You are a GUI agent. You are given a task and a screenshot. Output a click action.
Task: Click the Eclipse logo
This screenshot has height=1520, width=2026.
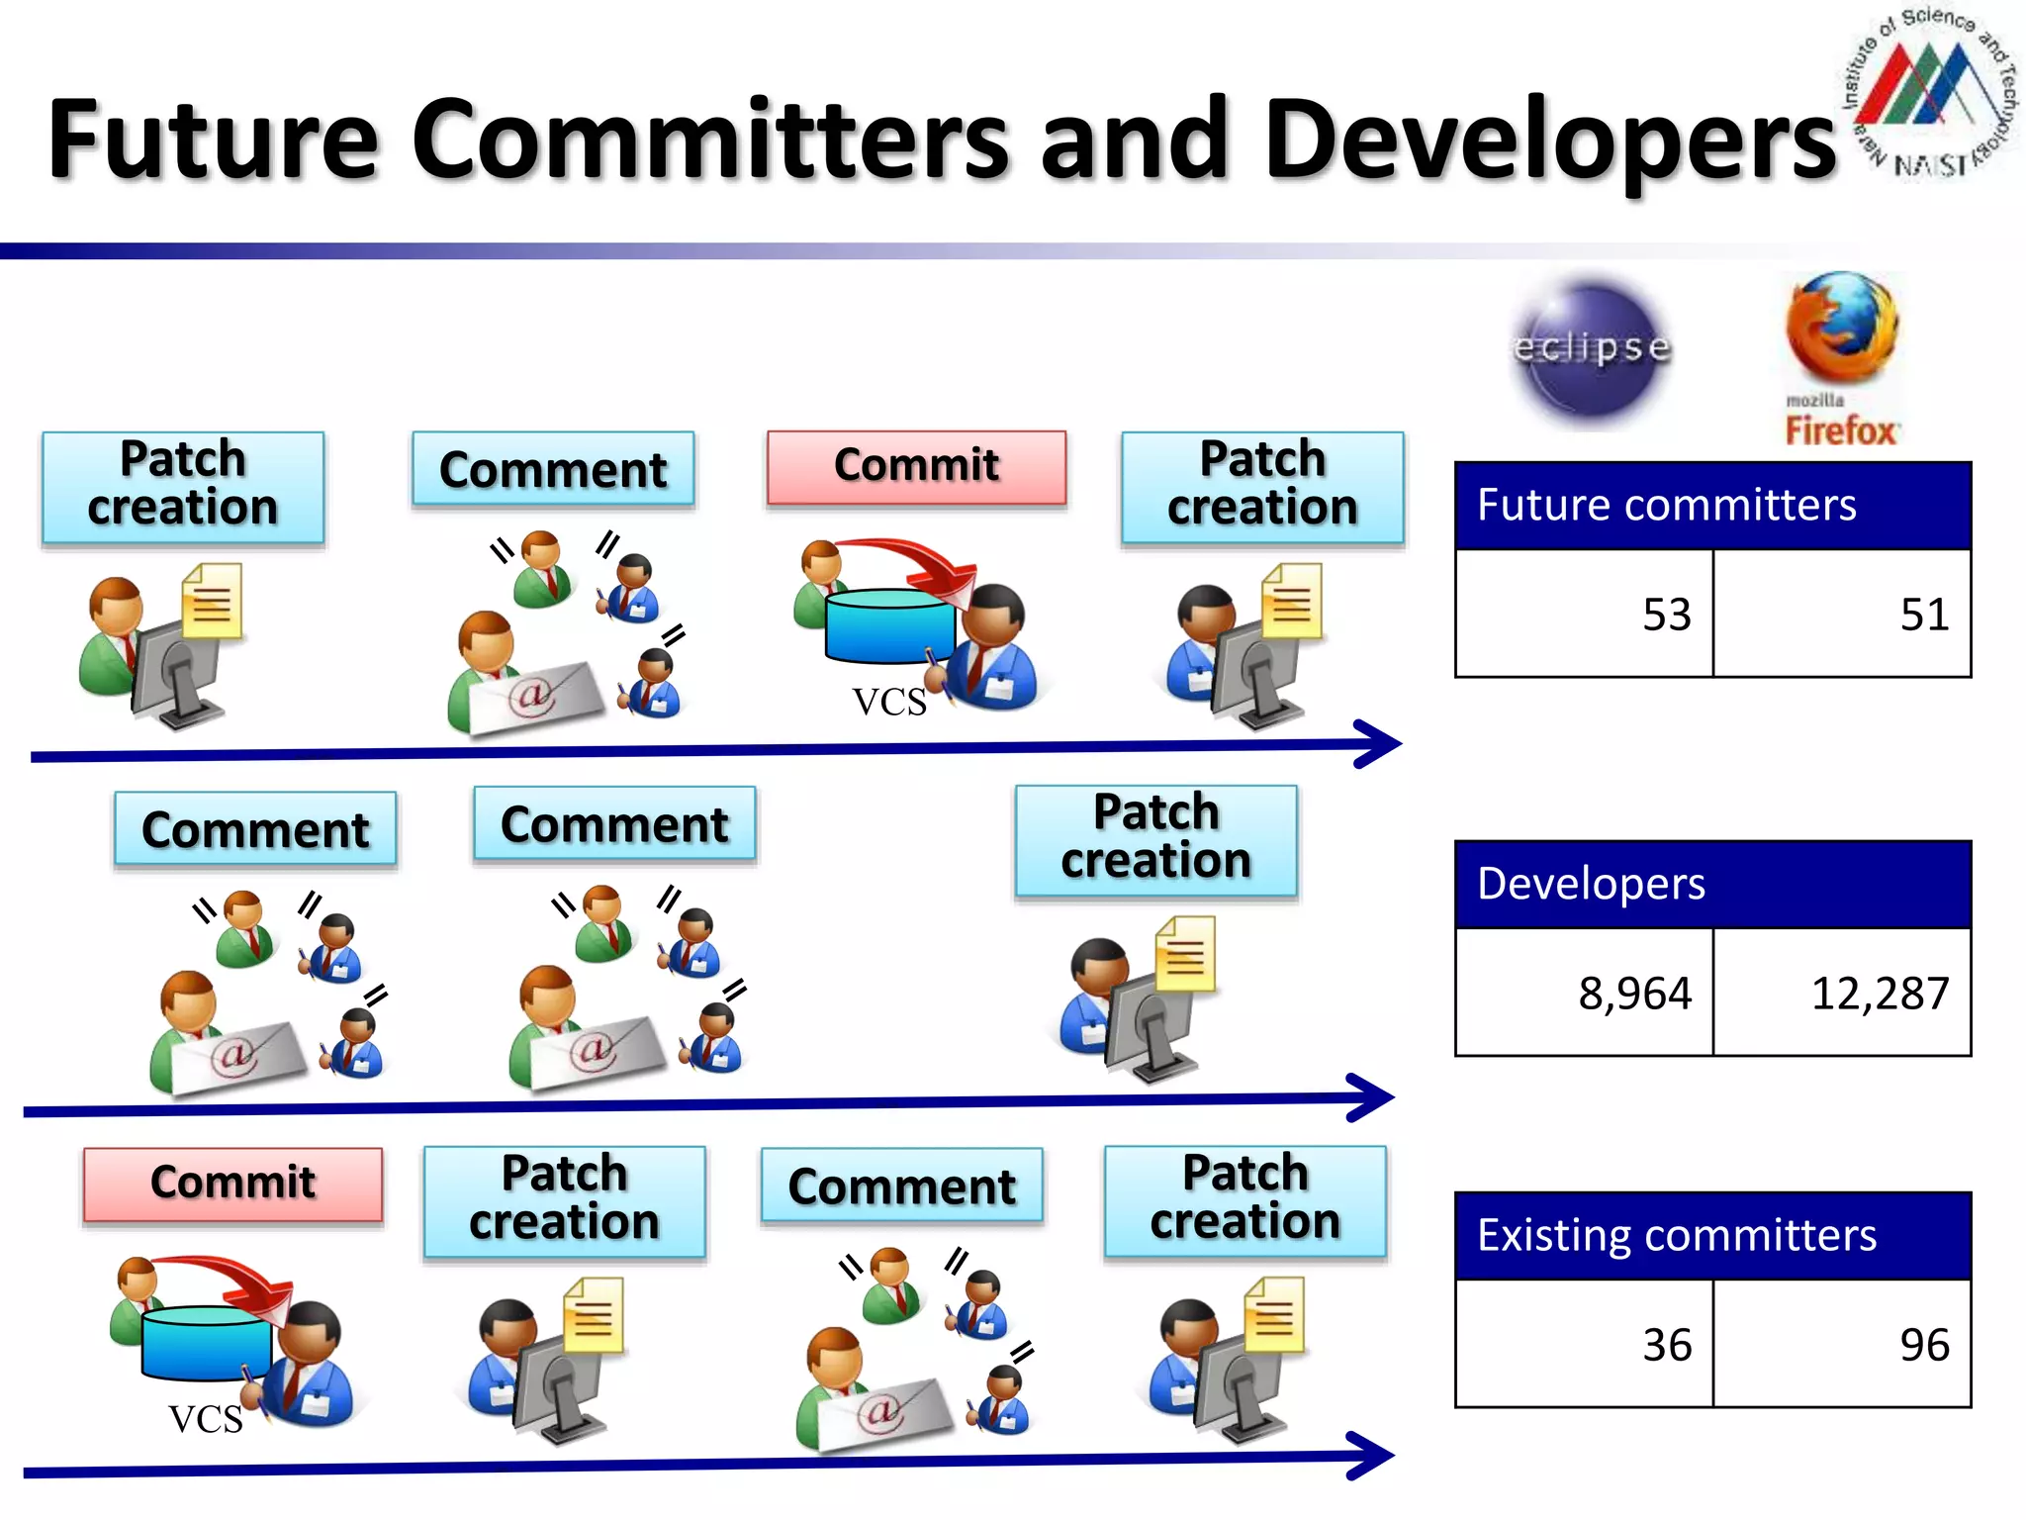[x=1591, y=348]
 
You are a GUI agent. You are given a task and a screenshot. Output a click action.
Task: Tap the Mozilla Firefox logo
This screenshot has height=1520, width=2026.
[x=1841, y=358]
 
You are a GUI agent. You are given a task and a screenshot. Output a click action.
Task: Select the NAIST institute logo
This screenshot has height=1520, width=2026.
[x=1929, y=94]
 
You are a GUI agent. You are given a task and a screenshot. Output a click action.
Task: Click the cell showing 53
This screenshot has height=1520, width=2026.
[x=1584, y=615]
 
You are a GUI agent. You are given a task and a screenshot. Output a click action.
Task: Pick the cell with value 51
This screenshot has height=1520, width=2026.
[x=1842, y=615]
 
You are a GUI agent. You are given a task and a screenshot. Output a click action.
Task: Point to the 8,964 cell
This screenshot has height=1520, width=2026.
[x=1584, y=993]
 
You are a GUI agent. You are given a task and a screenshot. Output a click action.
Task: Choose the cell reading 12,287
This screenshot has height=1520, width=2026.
[x=1842, y=993]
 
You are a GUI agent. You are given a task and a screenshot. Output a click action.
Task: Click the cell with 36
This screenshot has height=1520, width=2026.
[x=1584, y=1344]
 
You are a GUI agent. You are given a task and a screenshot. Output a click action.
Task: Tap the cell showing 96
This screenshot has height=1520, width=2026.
[x=1842, y=1344]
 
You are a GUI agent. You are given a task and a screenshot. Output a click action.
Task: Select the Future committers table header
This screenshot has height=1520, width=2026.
[x=1712, y=506]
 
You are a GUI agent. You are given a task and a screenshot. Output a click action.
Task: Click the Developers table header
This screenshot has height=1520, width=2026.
[x=1712, y=884]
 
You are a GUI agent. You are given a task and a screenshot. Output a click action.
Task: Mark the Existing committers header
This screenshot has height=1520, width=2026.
[x=1712, y=1235]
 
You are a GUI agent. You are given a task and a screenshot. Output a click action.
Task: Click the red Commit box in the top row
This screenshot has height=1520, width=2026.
[x=916, y=467]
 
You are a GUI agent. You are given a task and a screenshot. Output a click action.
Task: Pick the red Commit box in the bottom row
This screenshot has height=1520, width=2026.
[x=232, y=1184]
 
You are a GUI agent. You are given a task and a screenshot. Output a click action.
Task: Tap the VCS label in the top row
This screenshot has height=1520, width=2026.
[x=889, y=703]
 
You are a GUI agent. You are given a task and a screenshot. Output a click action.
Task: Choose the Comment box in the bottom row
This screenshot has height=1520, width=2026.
[x=901, y=1186]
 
